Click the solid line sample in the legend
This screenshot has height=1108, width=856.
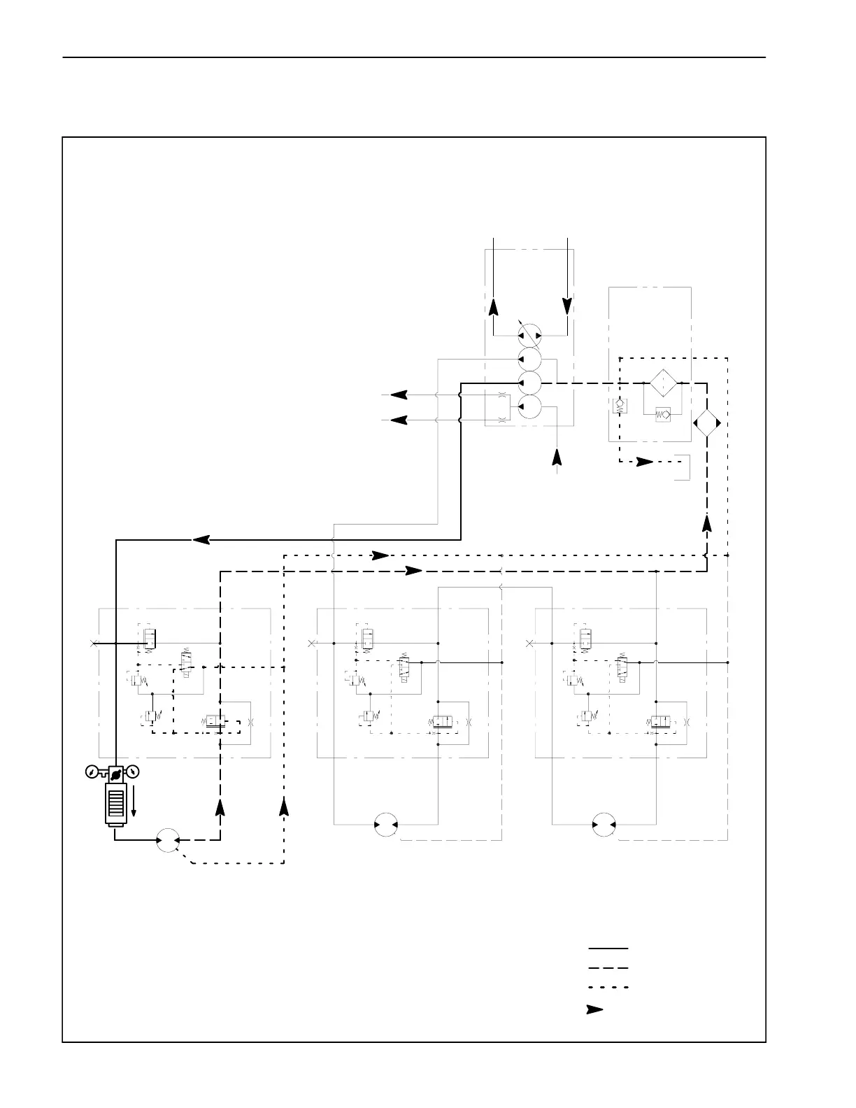click(x=608, y=949)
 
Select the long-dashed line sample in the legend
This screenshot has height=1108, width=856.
click(x=608, y=968)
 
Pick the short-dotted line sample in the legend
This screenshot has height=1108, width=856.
click(x=608, y=988)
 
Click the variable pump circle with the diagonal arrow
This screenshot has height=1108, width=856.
click(x=529, y=335)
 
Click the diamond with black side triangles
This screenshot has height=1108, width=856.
click(x=706, y=424)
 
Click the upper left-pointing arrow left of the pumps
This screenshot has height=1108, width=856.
click(x=399, y=395)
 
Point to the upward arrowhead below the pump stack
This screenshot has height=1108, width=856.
click(x=557, y=456)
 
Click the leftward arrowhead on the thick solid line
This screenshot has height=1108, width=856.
click(x=201, y=539)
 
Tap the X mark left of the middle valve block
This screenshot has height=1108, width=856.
click(x=312, y=643)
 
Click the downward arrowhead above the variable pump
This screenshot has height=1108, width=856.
click(x=567, y=306)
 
